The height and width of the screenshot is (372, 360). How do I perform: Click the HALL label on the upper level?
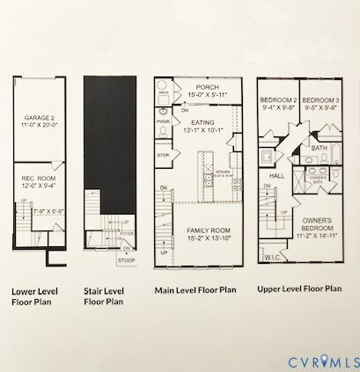click(275, 176)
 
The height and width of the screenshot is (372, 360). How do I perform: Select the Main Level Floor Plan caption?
click(195, 288)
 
